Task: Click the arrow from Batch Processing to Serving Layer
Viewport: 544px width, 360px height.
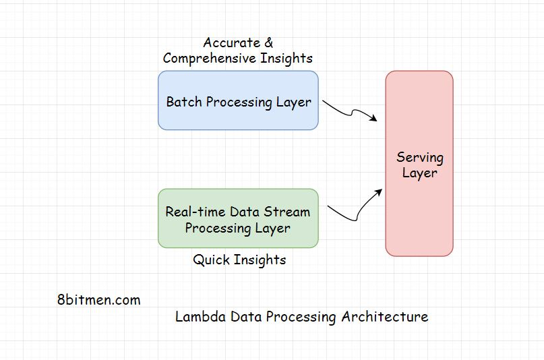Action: (x=349, y=112)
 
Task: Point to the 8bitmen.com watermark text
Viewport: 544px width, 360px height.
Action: (x=99, y=300)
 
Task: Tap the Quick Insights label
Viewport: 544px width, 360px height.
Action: (x=239, y=260)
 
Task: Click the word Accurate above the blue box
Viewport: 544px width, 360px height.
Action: (x=231, y=43)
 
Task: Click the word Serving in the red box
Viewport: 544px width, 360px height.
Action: (x=419, y=158)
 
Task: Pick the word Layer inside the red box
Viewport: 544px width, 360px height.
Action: (x=419, y=173)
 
